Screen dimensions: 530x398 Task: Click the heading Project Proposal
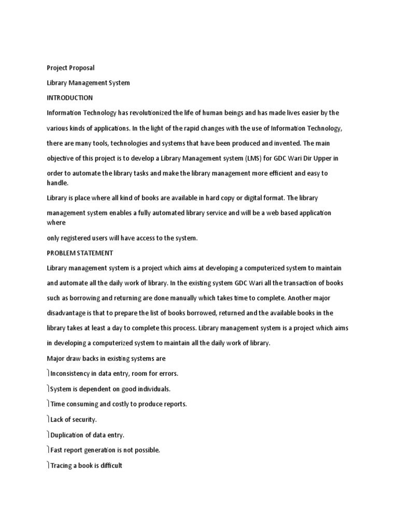(70, 68)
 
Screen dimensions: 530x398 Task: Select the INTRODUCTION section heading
(69, 98)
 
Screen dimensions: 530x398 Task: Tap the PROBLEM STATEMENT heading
(80, 253)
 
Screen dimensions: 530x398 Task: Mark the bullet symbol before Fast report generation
(48, 450)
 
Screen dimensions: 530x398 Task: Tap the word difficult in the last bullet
(109, 465)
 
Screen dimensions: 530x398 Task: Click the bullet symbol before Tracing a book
(48, 465)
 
